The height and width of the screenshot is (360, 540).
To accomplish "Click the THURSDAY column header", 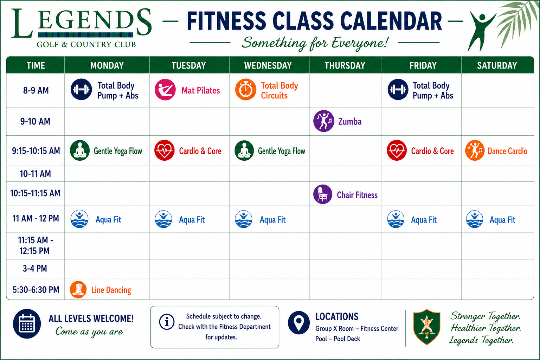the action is tap(345, 65).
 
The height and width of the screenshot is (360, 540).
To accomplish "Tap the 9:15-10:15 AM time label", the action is tap(36, 151).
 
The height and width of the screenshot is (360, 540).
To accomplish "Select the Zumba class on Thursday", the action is tap(350, 122).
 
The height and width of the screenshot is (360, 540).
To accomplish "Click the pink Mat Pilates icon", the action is tap(165, 90).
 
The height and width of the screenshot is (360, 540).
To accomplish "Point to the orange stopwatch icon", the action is tap(246, 89).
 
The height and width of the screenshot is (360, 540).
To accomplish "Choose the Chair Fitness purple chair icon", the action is tap(323, 194).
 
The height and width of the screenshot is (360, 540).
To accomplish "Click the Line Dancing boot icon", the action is tap(78, 290).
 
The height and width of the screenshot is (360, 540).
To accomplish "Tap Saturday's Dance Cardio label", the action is tap(507, 151).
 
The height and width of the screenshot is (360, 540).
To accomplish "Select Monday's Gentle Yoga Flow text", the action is tap(118, 151).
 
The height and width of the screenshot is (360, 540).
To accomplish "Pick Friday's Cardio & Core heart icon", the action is tap(397, 150).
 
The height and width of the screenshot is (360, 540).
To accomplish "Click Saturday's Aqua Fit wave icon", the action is tap(474, 219).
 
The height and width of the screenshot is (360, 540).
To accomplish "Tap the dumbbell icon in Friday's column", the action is tap(398, 89).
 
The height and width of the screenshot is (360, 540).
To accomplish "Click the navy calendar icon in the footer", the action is tap(27, 323).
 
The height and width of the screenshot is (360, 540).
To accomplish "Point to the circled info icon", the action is tap(167, 322).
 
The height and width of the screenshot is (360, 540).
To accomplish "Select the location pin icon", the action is tap(299, 323).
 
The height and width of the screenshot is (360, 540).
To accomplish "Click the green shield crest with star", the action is tap(427, 327).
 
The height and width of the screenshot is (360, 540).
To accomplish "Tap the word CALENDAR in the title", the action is tap(391, 21).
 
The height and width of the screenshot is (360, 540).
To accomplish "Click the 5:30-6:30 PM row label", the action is tap(36, 290).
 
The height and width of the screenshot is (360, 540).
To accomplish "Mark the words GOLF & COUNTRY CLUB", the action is tap(86, 45).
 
